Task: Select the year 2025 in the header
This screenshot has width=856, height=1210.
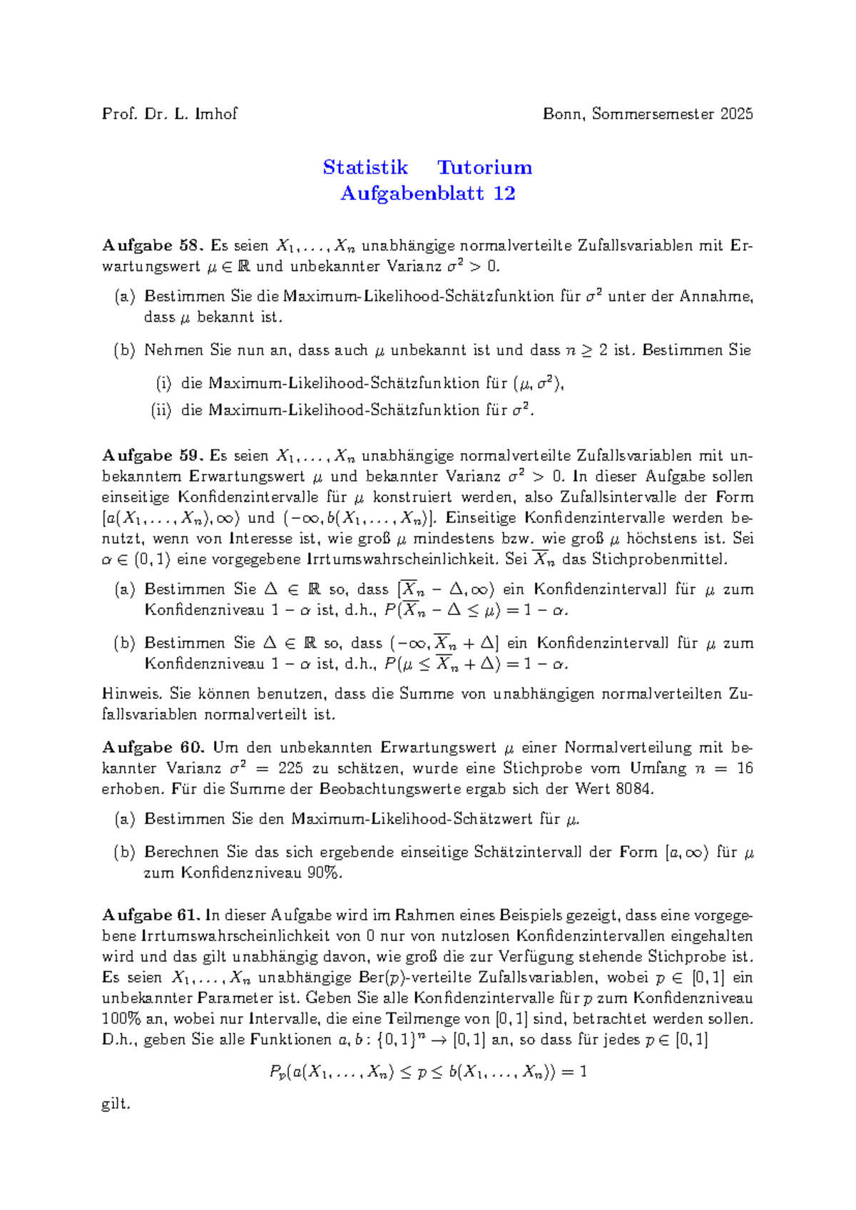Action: (x=736, y=113)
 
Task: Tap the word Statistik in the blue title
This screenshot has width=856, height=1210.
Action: (x=365, y=168)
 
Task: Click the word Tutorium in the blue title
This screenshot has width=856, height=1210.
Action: (x=484, y=168)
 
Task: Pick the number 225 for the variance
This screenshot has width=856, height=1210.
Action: (x=291, y=768)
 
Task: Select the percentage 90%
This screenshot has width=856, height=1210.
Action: (x=324, y=873)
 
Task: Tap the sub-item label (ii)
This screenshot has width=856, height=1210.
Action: (x=160, y=410)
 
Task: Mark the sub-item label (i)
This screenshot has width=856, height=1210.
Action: (x=163, y=383)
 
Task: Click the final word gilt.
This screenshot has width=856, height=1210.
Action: (x=116, y=1104)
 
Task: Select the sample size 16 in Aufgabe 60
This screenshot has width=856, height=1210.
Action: (x=745, y=768)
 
